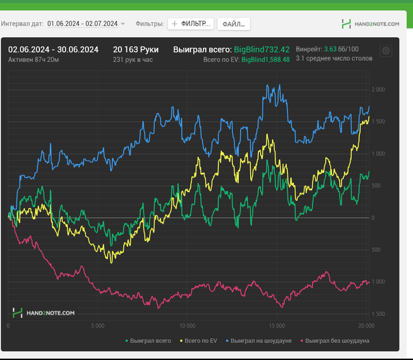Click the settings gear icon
386,51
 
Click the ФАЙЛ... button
234,24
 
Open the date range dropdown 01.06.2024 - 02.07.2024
86,24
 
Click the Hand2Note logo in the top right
371,24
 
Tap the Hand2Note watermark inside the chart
44,313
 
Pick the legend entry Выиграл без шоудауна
335,341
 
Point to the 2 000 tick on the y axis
378,90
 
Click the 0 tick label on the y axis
373,218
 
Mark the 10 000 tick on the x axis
186,326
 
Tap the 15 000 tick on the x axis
276,326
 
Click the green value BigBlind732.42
261,50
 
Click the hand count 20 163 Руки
136,50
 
